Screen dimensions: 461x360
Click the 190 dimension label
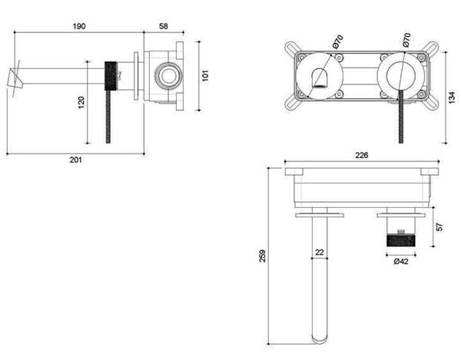pyautogui.click(x=79, y=26)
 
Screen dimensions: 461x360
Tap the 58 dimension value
pyautogui.click(x=164, y=26)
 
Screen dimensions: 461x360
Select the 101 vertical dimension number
pyautogui.click(x=205, y=75)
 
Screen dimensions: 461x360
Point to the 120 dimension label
pyautogui.click(x=81, y=102)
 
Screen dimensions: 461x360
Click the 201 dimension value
pyautogui.click(x=75, y=160)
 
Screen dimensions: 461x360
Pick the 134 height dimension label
pyautogui.click(x=453, y=97)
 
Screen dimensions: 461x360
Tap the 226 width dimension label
pyautogui.click(x=362, y=155)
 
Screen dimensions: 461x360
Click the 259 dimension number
pyautogui.click(x=262, y=256)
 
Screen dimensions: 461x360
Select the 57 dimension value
pyautogui.click(x=439, y=227)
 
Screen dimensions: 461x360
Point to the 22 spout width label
pyautogui.click(x=320, y=253)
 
